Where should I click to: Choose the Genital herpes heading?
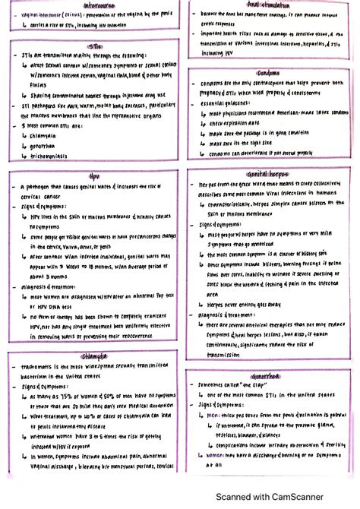(x=270, y=174)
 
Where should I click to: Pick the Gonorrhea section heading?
(x=270, y=376)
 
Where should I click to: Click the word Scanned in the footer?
(x=235, y=496)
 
